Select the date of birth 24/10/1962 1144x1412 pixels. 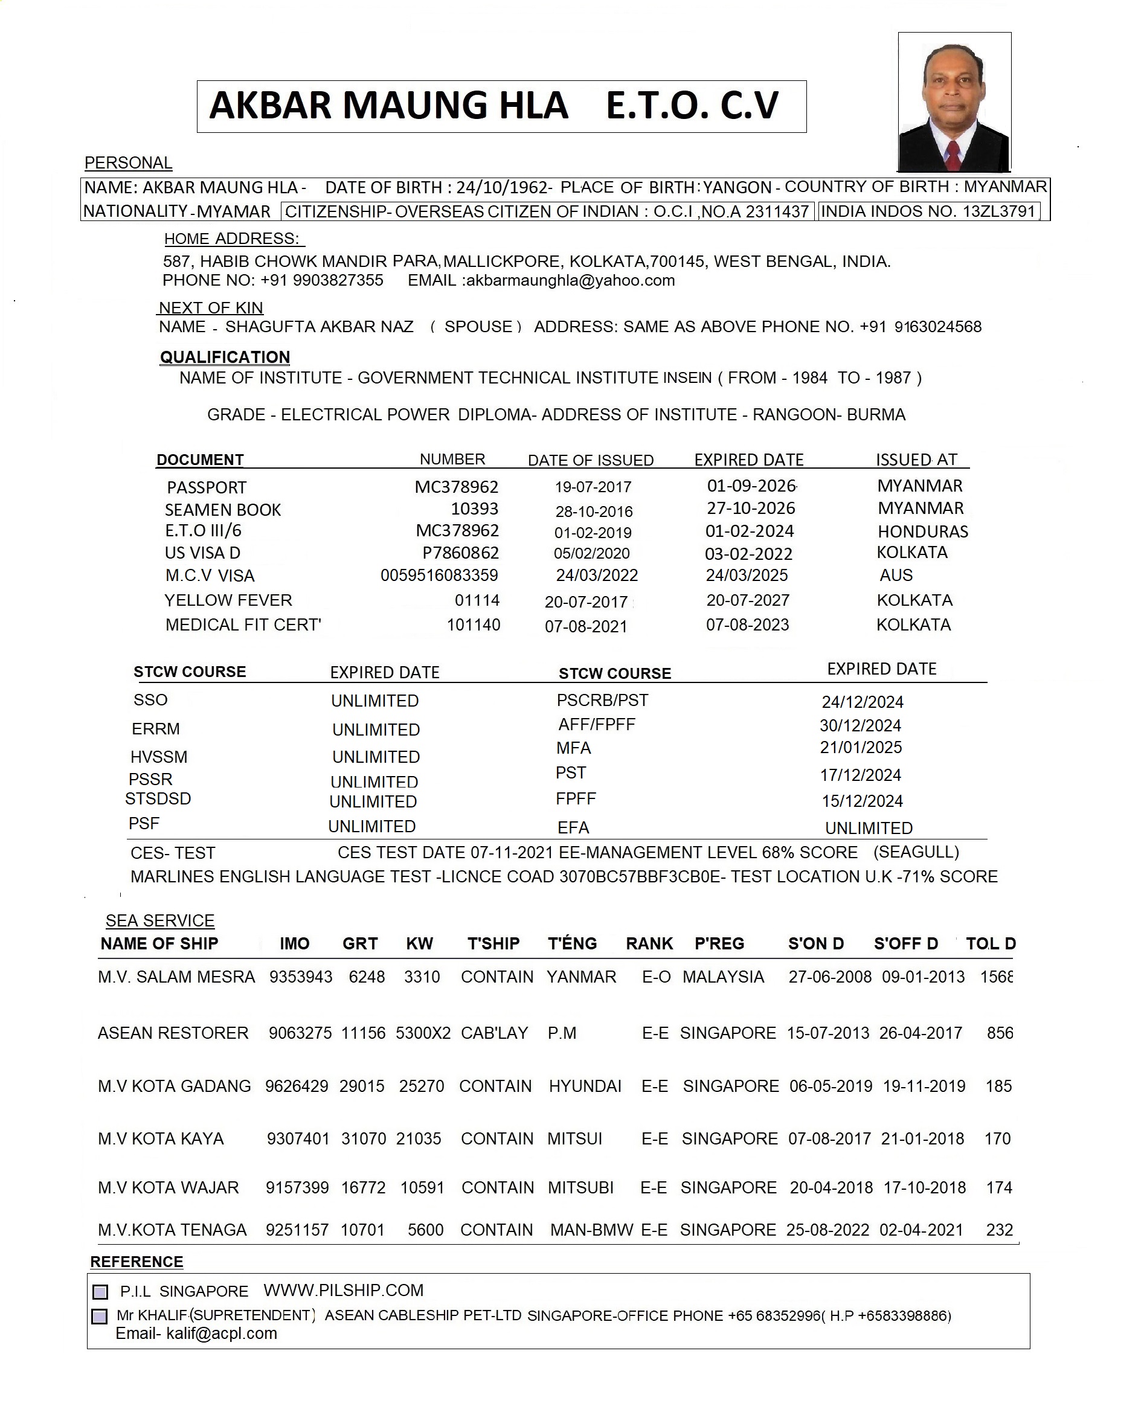[x=502, y=188]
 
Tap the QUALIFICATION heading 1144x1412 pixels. [x=225, y=357]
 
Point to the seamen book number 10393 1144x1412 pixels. [x=475, y=509]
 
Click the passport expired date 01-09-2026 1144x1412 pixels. [x=751, y=486]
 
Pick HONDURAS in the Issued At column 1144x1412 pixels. [x=922, y=531]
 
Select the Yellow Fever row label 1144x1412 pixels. [x=228, y=600]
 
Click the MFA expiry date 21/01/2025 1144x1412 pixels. [x=861, y=747]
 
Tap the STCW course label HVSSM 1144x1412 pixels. [x=159, y=757]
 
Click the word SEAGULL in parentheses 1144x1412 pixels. [x=916, y=852]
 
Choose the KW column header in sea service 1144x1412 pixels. [x=419, y=943]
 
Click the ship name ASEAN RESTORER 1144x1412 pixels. [x=173, y=1033]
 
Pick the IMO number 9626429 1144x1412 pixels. [x=297, y=1086]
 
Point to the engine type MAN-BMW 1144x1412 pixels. [x=592, y=1230]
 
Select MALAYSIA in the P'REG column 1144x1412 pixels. [x=723, y=977]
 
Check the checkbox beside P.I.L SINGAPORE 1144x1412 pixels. [x=100, y=1291]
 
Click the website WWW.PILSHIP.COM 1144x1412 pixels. [x=343, y=1290]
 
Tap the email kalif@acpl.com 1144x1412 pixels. [x=222, y=1333]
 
